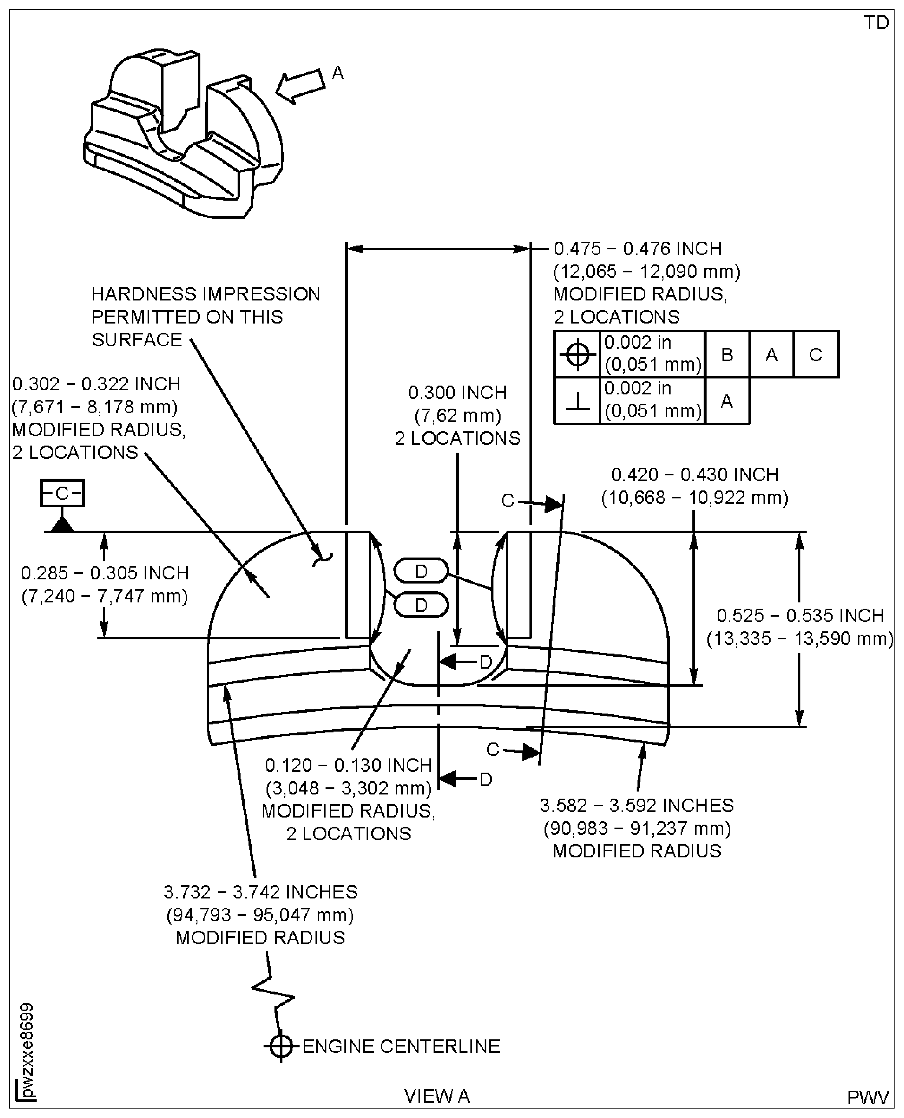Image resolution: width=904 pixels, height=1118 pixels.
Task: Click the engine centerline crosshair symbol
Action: pyautogui.click(x=281, y=1046)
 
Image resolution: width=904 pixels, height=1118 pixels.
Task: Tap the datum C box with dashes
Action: pyautogui.click(x=62, y=493)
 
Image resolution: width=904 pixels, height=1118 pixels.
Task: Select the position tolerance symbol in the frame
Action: pyautogui.click(x=577, y=355)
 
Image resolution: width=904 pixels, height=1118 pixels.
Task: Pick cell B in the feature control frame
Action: pyautogui.click(x=727, y=355)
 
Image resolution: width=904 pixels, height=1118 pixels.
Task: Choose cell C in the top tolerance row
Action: pyautogui.click(x=815, y=355)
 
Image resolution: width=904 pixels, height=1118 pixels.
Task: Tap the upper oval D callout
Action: pyautogui.click(x=421, y=571)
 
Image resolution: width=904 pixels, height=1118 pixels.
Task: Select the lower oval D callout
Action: pyautogui.click(x=421, y=605)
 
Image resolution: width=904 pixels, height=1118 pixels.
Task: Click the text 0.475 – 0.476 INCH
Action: pyautogui.click(x=637, y=248)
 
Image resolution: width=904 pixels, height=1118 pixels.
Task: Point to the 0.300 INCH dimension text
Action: pyautogui.click(x=457, y=392)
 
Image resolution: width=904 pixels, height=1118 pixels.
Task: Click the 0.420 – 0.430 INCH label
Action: pyautogui.click(x=695, y=475)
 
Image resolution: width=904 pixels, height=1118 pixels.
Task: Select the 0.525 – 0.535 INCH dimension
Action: pyautogui.click(x=800, y=615)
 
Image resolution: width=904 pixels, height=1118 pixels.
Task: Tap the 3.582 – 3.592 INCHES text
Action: pyautogui.click(x=636, y=805)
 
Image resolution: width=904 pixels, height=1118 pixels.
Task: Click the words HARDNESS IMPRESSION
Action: pyautogui.click(x=206, y=294)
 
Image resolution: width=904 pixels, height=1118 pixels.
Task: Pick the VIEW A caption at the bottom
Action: pyautogui.click(x=437, y=1096)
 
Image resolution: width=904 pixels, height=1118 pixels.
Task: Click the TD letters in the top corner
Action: pyautogui.click(x=876, y=23)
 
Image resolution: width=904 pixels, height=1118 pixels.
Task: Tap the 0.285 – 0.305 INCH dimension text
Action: pyautogui.click(x=105, y=573)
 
